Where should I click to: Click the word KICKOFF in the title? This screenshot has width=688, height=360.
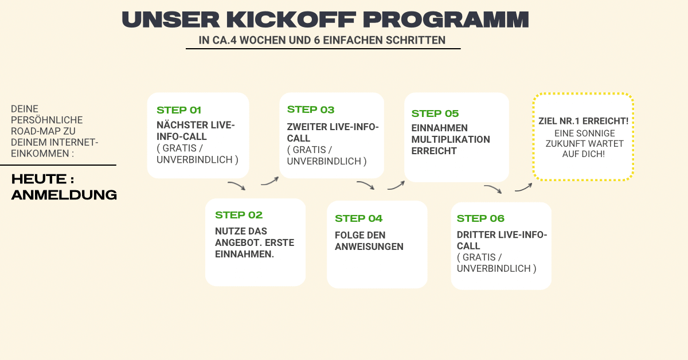pos(291,19)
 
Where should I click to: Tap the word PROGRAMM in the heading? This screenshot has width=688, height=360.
pos(445,19)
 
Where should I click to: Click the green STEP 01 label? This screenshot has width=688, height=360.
pos(179,110)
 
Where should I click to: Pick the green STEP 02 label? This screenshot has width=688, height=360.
pos(239,215)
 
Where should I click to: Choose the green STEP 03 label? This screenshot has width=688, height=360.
pos(311,109)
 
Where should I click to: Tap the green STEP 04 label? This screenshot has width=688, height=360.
pos(358,218)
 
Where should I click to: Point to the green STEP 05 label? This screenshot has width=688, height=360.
pos(435,114)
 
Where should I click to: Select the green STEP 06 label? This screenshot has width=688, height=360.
pos(480,218)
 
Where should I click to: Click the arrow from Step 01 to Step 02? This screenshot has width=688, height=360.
pos(237,185)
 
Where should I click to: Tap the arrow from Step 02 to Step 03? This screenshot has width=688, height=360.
pos(270,181)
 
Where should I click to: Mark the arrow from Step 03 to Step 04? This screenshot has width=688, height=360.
pos(366,185)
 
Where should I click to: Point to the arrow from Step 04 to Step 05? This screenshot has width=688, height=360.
pos(397,186)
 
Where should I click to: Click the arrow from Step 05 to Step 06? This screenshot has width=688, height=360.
pos(493,188)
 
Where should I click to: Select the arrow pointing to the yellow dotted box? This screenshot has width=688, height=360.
pos(524,187)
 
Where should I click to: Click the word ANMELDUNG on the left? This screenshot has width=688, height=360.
pos(64,195)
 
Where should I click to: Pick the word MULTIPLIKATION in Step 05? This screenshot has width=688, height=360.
pos(451,139)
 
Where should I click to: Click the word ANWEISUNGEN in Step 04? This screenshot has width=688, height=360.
pos(369,246)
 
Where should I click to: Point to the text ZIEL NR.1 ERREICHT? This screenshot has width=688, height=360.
pos(583,121)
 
